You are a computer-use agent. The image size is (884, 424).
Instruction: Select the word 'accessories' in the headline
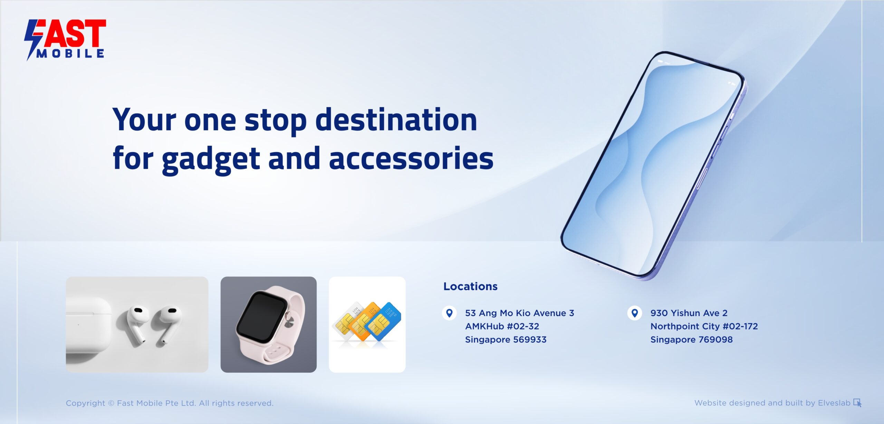[x=411, y=159]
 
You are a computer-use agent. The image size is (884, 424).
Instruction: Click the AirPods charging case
[x=88, y=325]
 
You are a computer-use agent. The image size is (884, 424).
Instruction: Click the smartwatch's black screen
[x=261, y=316]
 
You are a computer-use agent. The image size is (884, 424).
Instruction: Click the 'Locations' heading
[x=470, y=286]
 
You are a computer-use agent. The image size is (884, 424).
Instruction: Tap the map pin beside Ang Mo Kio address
[x=449, y=313]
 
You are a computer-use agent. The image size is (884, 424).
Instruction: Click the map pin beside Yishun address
[x=635, y=313]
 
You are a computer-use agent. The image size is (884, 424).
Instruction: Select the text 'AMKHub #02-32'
[x=502, y=326]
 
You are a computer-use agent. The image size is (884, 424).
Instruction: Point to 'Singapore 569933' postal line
[x=506, y=340]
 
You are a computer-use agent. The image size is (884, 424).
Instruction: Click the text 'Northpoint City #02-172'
[x=704, y=326]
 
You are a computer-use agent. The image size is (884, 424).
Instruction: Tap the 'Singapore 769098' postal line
[x=692, y=340]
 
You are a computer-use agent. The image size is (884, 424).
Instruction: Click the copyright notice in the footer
[x=170, y=403]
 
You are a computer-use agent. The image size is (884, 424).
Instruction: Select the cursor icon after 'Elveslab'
[x=857, y=403]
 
